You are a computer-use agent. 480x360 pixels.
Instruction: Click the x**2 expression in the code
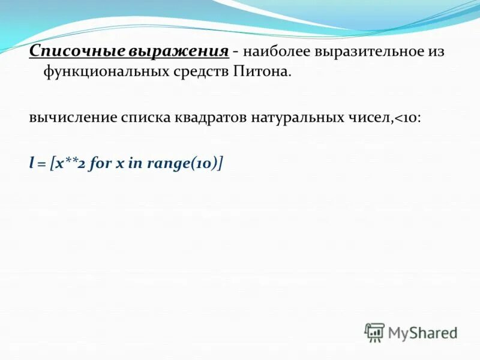coord(71,163)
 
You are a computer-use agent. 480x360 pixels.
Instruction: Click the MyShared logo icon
coord(374,332)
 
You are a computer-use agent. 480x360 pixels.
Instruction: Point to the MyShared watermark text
coord(422,332)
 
